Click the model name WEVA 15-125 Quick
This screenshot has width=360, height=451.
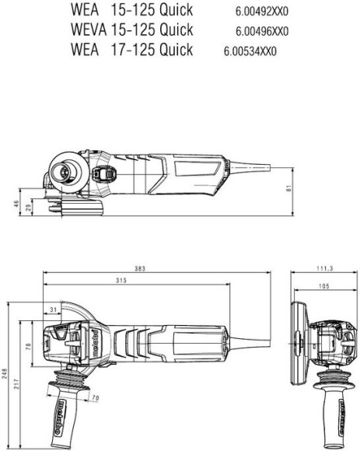(131, 31)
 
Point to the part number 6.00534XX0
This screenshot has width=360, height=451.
(250, 52)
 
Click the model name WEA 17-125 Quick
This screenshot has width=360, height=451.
(131, 51)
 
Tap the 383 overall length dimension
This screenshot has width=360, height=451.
(140, 268)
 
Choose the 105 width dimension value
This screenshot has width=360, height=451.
(322, 285)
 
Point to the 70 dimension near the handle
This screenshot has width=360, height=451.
(95, 400)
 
